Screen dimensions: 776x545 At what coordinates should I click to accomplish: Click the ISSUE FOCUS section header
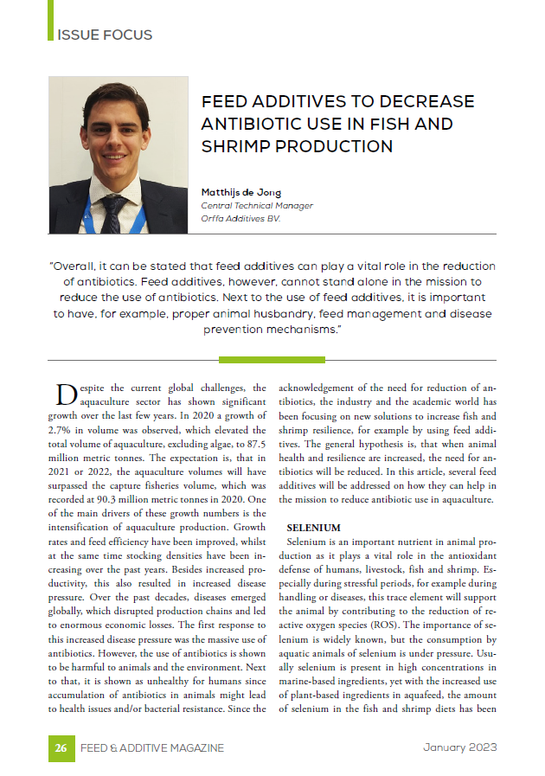point(105,35)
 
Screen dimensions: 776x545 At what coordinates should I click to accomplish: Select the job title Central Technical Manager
point(257,206)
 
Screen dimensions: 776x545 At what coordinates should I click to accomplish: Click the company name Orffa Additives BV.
point(241,219)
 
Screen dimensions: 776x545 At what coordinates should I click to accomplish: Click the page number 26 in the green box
point(61,747)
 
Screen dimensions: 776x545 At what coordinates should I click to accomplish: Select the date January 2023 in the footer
point(459,747)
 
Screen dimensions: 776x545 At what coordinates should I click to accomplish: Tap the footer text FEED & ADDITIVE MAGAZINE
point(152,747)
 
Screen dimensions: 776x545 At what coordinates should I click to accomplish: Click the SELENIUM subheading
point(313,528)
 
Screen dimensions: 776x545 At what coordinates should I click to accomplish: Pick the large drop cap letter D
point(66,394)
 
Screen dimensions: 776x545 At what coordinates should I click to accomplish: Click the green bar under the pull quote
point(272,359)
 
